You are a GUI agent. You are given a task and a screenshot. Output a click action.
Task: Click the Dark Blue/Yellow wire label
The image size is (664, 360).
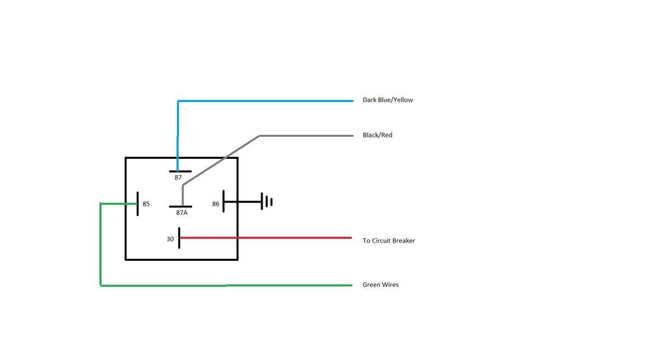click(387, 101)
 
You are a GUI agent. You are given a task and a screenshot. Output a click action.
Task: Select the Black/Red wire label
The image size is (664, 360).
click(377, 136)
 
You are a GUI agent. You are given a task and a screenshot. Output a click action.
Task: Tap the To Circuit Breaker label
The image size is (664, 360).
click(388, 241)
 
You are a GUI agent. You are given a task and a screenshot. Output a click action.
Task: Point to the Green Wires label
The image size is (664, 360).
click(381, 285)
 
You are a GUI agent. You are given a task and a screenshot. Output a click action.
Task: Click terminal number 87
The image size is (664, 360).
click(178, 178)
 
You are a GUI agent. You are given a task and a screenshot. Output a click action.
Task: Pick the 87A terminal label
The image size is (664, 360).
click(182, 213)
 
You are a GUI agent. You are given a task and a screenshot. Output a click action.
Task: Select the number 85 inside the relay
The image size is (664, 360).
click(146, 204)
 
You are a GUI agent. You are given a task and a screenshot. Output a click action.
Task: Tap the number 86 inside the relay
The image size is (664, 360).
click(216, 204)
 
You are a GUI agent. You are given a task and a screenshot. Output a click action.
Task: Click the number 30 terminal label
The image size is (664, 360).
click(170, 239)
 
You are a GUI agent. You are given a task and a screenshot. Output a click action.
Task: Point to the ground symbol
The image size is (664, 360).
click(266, 202)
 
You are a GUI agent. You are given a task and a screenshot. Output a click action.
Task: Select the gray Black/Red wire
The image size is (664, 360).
click(305, 136)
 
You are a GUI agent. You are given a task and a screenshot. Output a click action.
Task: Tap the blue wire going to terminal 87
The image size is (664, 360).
click(259, 101)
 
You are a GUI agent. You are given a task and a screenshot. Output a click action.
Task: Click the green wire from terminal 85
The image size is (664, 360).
click(101, 246)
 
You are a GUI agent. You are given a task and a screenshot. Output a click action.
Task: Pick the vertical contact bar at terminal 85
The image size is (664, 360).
click(137, 203)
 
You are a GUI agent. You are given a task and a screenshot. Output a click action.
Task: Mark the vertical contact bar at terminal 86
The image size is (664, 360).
click(224, 202)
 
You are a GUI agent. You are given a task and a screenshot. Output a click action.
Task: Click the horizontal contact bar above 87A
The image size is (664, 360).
click(180, 206)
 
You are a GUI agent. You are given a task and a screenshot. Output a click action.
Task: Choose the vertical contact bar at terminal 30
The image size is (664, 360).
click(179, 238)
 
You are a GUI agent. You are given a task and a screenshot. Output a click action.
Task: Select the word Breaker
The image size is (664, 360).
click(402, 241)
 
